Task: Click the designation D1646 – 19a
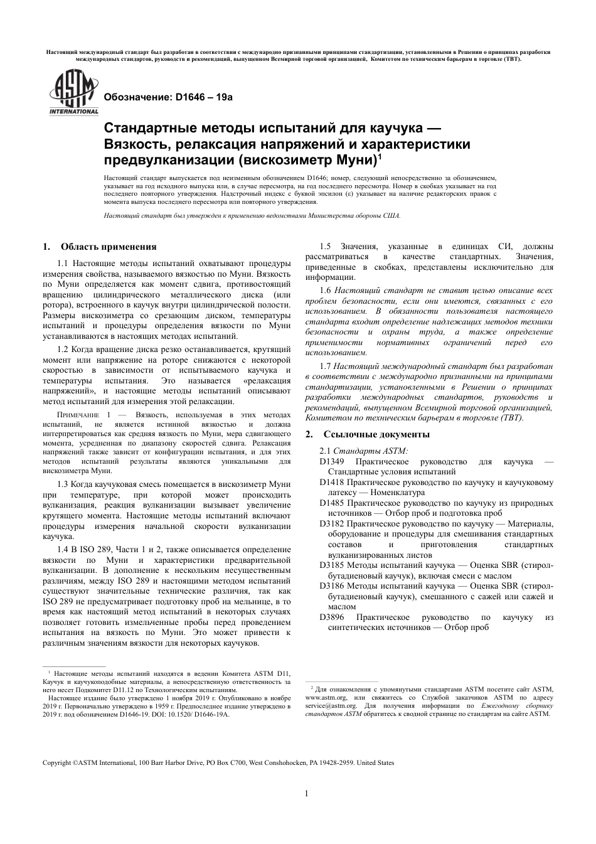click(x=168, y=97)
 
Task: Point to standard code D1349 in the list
click(x=332, y=462)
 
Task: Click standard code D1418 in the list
click(x=332, y=483)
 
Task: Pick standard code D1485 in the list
click(x=332, y=503)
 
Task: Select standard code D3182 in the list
click(x=332, y=524)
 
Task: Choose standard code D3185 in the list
click(x=332, y=565)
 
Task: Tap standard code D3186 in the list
click(x=332, y=585)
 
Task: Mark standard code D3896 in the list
click(x=332, y=617)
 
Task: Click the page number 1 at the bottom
click(x=307, y=793)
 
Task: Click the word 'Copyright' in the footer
click(x=56, y=763)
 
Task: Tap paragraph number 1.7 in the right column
click(x=325, y=366)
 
